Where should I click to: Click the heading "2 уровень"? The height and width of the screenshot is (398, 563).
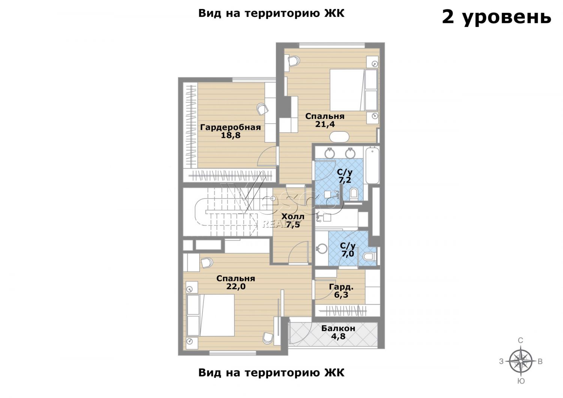[x=497, y=18]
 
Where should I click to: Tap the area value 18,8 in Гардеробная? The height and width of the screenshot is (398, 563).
[x=231, y=136]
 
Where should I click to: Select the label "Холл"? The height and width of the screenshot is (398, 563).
[x=293, y=217]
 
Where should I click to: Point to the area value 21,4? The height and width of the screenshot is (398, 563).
[x=325, y=124]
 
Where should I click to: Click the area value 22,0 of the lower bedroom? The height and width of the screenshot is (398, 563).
[x=236, y=286]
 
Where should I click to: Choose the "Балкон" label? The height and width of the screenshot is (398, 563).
[x=338, y=329]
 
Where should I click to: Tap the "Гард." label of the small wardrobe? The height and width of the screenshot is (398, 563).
[x=341, y=286]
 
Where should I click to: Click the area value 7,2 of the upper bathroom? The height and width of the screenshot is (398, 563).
[x=345, y=180]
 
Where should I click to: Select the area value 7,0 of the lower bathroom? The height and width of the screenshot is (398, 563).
[x=348, y=254]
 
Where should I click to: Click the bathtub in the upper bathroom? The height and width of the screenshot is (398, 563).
[x=372, y=166]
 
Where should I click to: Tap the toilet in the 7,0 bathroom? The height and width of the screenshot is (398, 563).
[x=369, y=256]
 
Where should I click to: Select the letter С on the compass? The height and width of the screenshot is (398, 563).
[x=521, y=341]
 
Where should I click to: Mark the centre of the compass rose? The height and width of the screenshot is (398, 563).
[x=521, y=361]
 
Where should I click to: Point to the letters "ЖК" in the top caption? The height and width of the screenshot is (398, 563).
[x=336, y=13]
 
